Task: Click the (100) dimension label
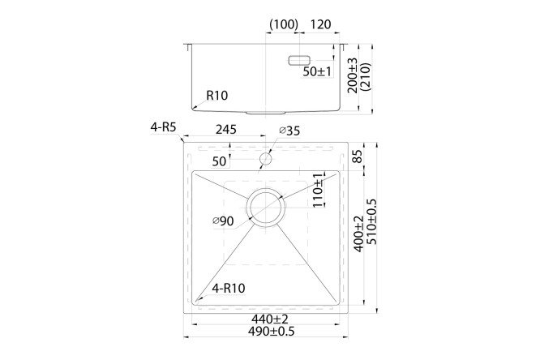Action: (x=283, y=24)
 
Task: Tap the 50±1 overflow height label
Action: (x=317, y=72)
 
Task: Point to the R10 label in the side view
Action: (x=216, y=96)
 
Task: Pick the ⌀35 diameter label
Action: (x=289, y=130)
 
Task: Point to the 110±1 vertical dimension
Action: (x=318, y=190)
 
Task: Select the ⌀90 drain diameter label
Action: (x=223, y=221)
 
